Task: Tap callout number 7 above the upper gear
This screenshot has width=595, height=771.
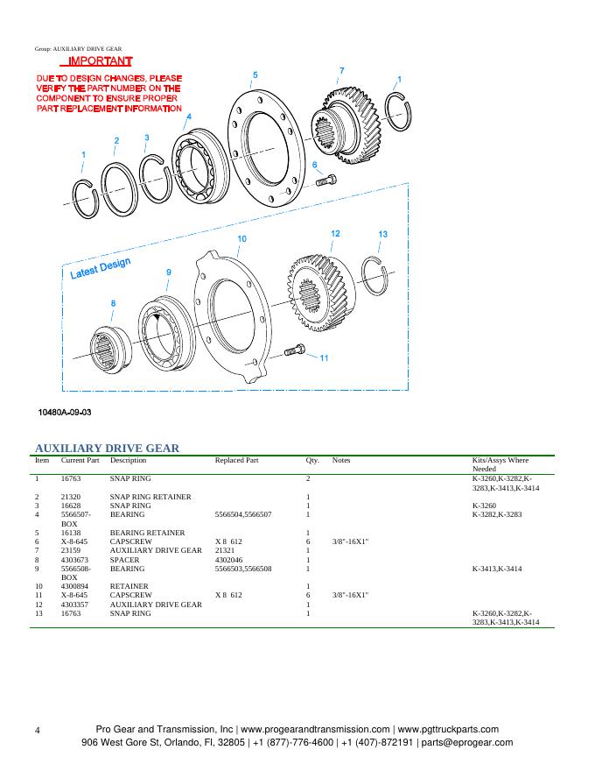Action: (x=341, y=71)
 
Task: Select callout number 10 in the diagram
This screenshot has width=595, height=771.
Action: (x=241, y=239)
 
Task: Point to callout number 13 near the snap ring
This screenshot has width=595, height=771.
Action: (x=382, y=234)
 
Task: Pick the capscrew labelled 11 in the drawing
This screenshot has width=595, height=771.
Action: (x=294, y=352)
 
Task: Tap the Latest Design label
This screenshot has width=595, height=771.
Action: (x=100, y=269)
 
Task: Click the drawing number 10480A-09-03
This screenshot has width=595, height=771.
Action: (x=65, y=412)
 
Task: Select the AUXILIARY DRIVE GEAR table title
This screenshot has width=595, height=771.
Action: (x=107, y=448)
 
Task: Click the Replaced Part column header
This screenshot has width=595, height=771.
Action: (x=236, y=460)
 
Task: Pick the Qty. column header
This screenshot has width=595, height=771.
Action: (x=312, y=460)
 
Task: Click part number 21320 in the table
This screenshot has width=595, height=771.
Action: (x=72, y=497)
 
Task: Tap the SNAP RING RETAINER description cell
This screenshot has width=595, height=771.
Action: (x=150, y=497)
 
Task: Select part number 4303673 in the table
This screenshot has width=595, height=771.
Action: (x=76, y=559)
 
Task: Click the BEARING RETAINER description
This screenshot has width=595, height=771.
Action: (x=147, y=533)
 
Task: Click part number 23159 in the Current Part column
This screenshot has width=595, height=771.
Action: (x=72, y=550)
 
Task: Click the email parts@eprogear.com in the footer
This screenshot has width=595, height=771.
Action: (x=465, y=742)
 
